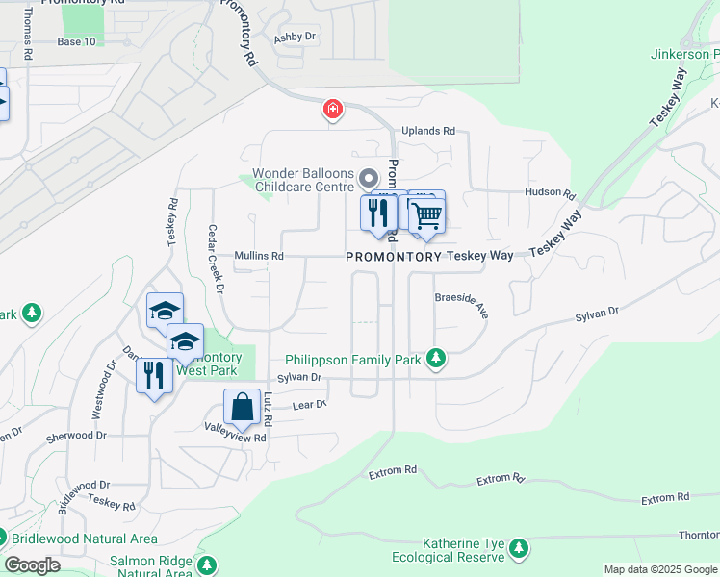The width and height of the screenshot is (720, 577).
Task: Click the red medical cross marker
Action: [333, 111]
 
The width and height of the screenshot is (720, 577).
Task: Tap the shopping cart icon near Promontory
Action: [426, 214]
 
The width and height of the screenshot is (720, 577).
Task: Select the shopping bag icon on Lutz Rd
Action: [243, 407]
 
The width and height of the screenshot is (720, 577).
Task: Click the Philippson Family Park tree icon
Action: [437, 359]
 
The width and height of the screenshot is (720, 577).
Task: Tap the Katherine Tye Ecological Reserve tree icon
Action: [520, 548]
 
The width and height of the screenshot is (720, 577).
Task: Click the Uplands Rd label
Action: [428, 131]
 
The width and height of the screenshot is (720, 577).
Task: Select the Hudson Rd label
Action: [550, 193]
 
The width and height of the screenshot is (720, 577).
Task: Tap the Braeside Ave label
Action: [463, 306]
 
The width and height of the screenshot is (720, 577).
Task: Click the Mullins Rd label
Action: [259, 257]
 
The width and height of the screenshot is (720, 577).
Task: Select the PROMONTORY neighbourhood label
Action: [393, 257]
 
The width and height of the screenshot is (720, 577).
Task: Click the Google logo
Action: [33, 565]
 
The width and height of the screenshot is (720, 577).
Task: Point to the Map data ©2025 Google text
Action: [659, 569]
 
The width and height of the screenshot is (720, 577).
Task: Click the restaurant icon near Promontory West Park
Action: [153, 374]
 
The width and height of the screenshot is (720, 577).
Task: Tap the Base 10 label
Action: [77, 42]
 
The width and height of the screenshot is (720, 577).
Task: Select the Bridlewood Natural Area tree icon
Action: [8, 539]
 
